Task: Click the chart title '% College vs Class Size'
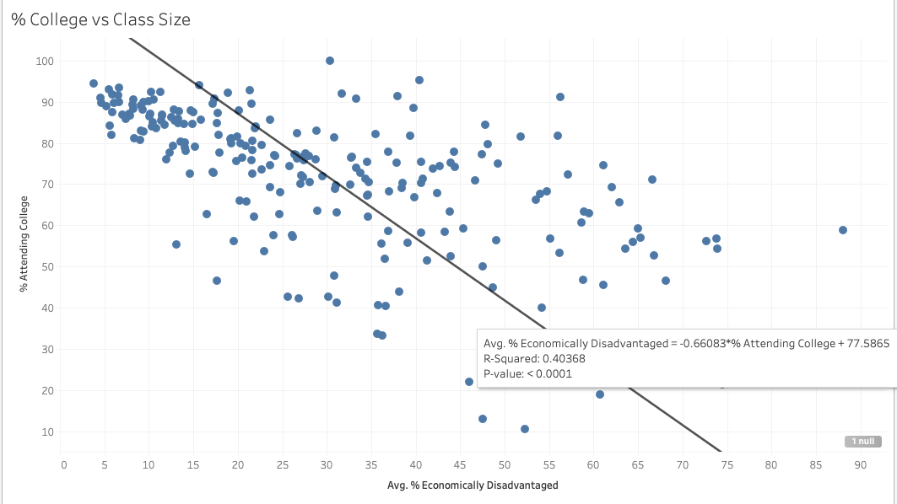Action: [x=100, y=19]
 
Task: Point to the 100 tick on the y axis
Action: [x=44, y=61]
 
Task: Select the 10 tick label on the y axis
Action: [x=46, y=432]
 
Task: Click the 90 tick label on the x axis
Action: [x=860, y=464]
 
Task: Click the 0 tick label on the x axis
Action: [x=63, y=464]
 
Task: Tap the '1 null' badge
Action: [x=862, y=441]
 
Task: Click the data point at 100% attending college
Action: [x=330, y=61]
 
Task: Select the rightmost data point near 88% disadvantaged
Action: [x=842, y=230]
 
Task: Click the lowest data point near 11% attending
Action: [x=525, y=429]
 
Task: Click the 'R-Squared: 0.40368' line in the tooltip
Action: [x=534, y=358]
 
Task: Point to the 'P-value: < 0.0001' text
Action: [x=528, y=373]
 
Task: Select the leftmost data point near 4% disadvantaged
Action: [x=94, y=83]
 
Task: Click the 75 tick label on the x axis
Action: [x=727, y=464]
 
